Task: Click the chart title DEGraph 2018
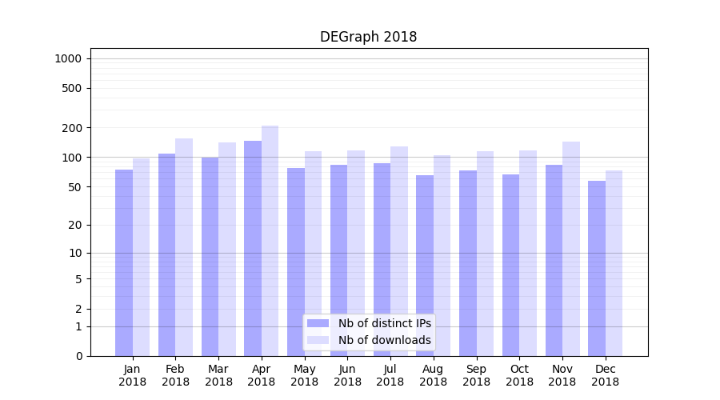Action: click(x=368, y=37)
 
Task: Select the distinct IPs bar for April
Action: click(x=253, y=248)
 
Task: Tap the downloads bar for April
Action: click(x=270, y=240)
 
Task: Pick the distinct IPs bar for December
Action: click(x=597, y=268)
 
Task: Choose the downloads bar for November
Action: click(x=571, y=248)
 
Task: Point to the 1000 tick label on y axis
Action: click(x=68, y=58)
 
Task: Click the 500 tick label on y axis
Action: click(x=72, y=88)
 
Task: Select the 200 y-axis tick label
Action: click(x=72, y=128)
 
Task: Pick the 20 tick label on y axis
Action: click(x=75, y=225)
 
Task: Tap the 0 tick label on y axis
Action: click(x=78, y=356)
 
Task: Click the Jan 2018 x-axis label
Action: click(x=133, y=375)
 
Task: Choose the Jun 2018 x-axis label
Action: click(x=347, y=375)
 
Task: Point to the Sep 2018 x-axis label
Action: click(x=476, y=375)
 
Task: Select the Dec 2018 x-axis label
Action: click(x=605, y=375)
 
